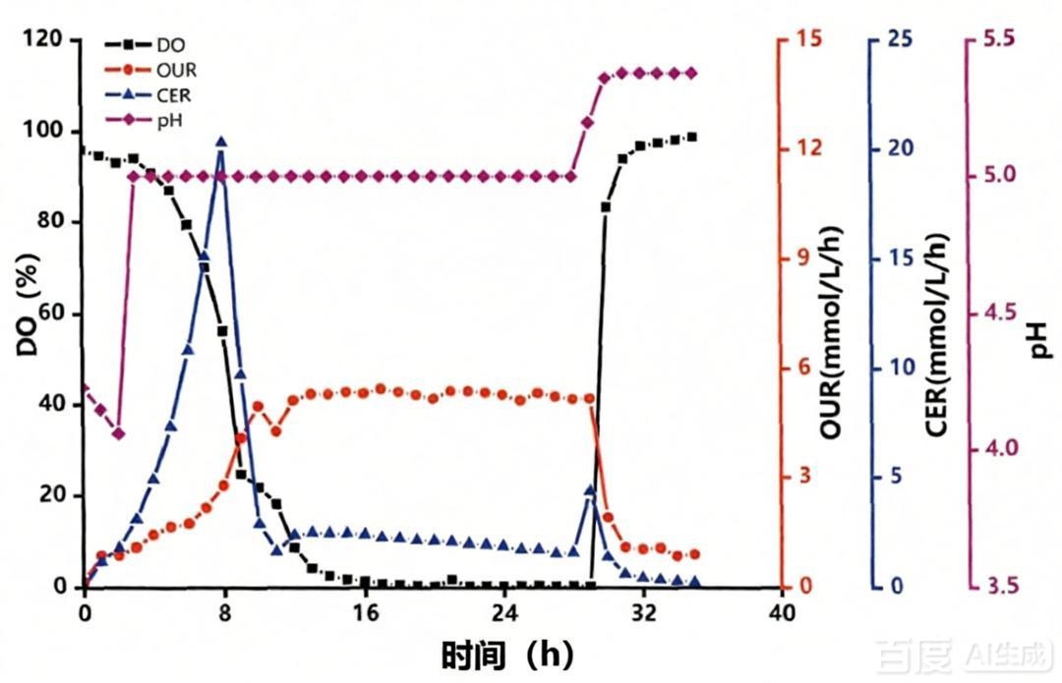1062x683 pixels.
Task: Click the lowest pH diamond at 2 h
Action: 119,433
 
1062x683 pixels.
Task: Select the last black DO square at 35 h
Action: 692,137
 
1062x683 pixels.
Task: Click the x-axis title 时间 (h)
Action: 507,654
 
